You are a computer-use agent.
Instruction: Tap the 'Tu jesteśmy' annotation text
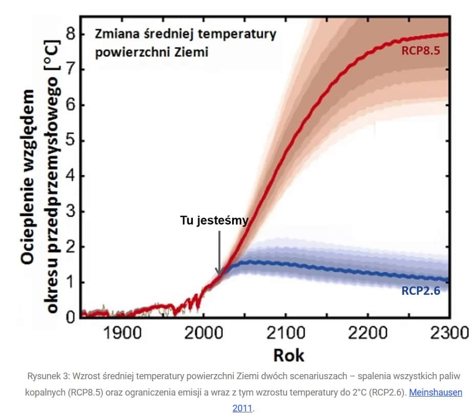point(214,220)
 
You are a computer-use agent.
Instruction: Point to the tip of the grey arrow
point(219,275)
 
